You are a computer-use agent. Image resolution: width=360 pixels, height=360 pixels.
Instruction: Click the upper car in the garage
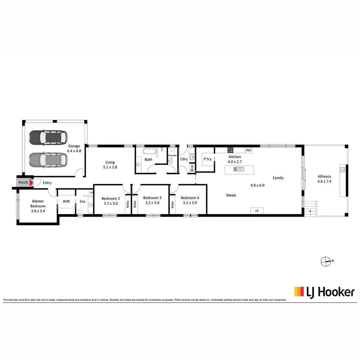coord(48,137)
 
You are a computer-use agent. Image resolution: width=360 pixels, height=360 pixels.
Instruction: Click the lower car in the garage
coord(48,160)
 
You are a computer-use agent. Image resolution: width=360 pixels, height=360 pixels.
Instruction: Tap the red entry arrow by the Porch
coord(31,183)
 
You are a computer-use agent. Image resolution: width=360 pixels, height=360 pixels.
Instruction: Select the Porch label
coord(23,183)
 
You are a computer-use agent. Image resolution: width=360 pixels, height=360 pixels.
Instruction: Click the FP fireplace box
coord(257,211)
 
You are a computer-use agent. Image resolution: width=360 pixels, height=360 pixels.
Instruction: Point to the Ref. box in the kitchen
coord(248,150)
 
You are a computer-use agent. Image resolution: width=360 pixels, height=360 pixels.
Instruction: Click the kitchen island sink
coord(239,169)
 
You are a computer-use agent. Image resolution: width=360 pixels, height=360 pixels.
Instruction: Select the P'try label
coord(208,159)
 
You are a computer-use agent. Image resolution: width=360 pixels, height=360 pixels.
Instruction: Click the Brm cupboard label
coord(192,169)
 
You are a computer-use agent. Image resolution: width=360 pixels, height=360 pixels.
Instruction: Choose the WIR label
coord(66,201)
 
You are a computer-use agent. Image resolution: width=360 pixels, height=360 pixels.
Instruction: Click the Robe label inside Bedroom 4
coord(172,204)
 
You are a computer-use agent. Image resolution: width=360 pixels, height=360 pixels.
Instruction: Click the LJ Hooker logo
coord(324,292)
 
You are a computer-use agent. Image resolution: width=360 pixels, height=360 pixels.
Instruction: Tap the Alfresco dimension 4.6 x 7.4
coord(324,181)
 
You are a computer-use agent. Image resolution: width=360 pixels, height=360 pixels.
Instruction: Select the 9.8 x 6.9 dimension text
coord(257,185)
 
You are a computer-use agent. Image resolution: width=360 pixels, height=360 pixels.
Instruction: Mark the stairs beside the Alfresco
coord(310,209)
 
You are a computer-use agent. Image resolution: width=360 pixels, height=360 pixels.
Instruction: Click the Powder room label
coord(172,155)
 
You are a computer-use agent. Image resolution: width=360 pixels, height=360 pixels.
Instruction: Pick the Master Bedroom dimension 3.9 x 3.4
coord(38,211)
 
